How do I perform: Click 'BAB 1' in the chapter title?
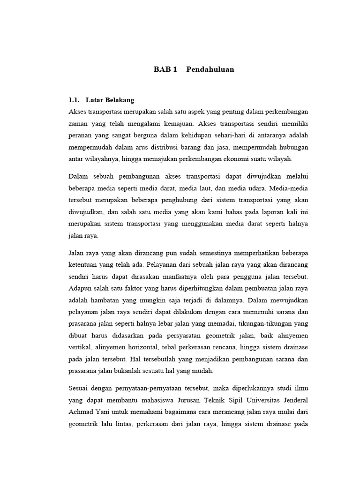pos(165,70)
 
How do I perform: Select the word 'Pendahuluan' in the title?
pos(210,70)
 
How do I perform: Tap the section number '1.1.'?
pos(75,100)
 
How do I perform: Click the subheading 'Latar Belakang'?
pos(110,100)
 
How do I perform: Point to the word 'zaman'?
pos(79,124)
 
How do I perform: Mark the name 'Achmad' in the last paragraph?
pos(82,412)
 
